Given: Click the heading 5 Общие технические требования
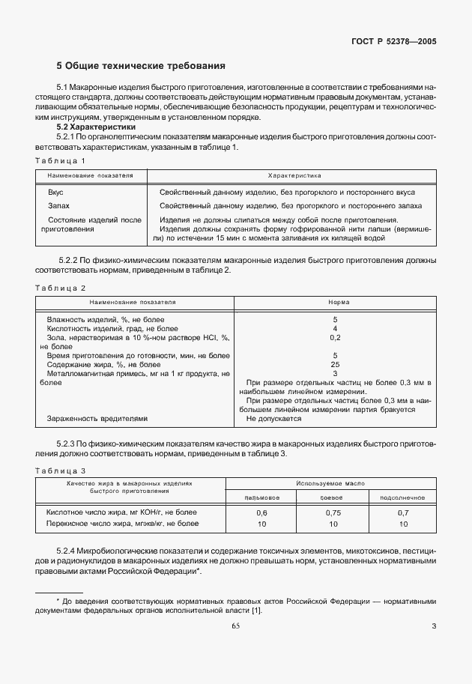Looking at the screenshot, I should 142,66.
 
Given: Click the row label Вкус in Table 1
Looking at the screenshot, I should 55,193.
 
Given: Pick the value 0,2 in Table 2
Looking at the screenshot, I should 335,337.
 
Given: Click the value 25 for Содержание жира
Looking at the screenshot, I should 335,364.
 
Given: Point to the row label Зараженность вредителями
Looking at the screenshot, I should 97,419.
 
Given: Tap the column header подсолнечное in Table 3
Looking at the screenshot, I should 403,497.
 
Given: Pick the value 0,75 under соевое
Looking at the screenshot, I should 332,512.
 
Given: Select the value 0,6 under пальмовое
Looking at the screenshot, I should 262,512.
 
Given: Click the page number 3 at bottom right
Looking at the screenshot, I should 435,626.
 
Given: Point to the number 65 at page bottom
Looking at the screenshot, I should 236,626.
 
